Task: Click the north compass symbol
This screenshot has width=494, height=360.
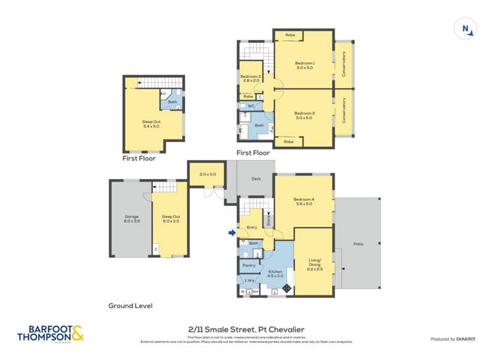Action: click(x=466, y=28)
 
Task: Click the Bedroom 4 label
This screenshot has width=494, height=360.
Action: click(x=304, y=201)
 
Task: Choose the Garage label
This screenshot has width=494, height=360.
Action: click(x=132, y=218)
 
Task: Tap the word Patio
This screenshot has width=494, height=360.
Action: click(x=358, y=244)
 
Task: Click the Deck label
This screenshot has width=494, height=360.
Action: click(x=257, y=178)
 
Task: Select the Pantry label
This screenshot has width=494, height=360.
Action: click(x=248, y=265)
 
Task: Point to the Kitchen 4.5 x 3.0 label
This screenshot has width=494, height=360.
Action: click(x=275, y=273)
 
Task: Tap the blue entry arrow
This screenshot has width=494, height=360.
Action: click(x=231, y=232)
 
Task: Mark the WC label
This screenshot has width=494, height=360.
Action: click(x=251, y=105)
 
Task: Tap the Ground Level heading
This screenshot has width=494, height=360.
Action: click(x=130, y=306)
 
